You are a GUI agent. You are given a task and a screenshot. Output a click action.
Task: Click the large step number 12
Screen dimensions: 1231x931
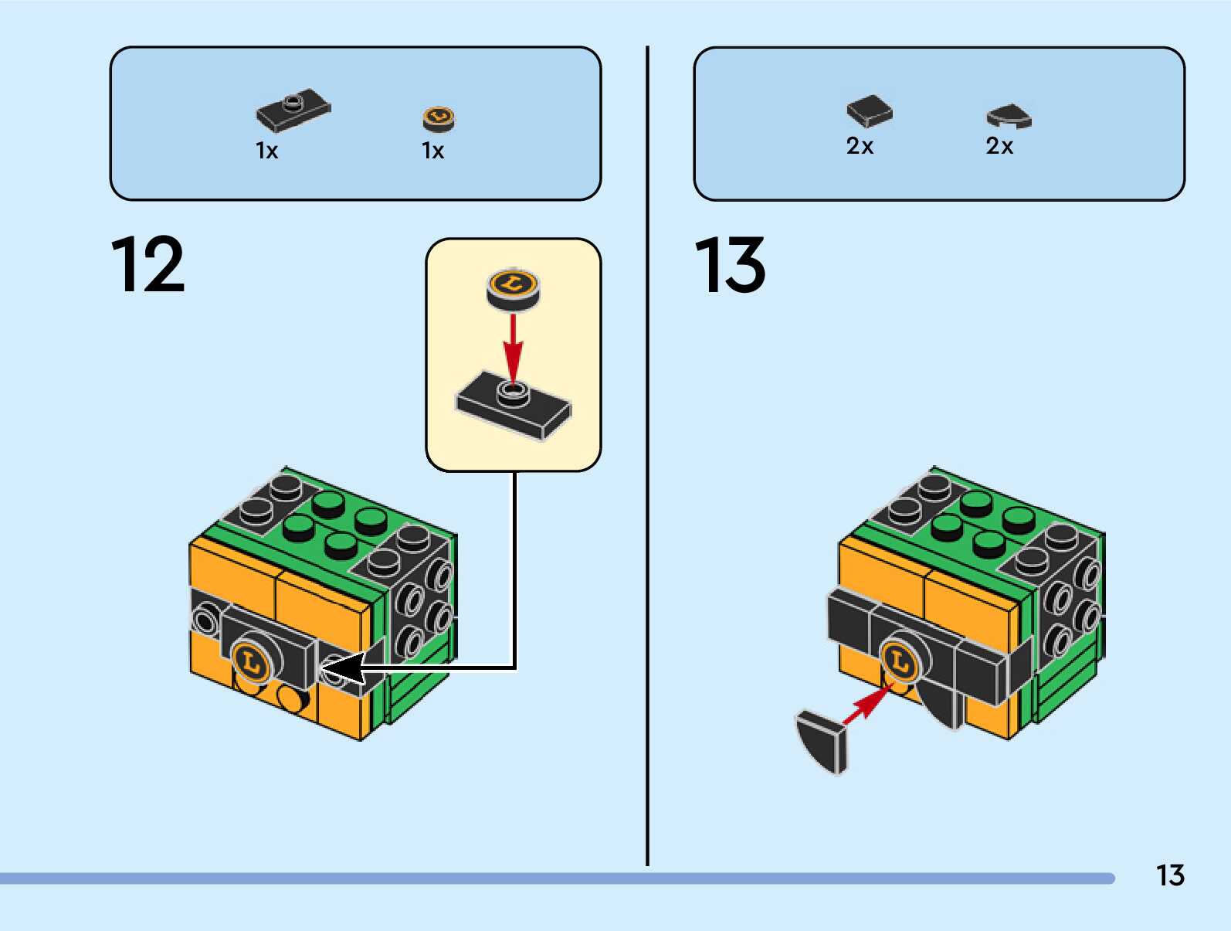tap(148, 265)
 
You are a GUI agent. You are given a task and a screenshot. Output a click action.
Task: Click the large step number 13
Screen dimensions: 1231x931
tap(730, 265)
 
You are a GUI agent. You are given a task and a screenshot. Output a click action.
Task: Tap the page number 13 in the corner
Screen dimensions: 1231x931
tap(1170, 875)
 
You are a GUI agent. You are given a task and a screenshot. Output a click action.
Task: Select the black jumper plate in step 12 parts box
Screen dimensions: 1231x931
tap(293, 110)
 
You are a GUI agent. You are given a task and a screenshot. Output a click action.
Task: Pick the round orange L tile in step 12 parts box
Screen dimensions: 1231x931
tap(439, 118)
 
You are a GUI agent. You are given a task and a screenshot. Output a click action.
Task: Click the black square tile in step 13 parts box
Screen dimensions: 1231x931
tap(869, 111)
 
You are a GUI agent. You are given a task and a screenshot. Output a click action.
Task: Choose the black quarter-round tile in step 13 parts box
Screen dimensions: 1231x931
tap(1009, 116)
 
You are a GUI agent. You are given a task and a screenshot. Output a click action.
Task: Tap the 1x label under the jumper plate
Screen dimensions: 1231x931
tap(266, 151)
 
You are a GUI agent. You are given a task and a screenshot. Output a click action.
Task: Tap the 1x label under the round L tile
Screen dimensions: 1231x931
tap(432, 151)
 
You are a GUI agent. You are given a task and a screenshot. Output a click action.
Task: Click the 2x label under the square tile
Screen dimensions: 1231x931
tap(860, 146)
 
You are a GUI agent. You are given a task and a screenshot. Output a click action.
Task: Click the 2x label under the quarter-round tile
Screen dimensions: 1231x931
tap(999, 146)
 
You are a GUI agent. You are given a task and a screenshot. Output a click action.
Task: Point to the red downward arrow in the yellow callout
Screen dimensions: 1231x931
tap(513, 346)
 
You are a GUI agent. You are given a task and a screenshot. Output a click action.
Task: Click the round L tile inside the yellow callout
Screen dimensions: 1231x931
tap(513, 287)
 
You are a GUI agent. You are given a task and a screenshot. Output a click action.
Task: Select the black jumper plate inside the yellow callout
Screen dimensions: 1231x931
tap(514, 406)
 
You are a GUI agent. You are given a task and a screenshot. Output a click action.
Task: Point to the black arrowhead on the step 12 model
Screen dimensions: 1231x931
tap(341, 668)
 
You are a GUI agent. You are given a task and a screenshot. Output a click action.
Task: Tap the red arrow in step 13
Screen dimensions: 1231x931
tap(866, 705)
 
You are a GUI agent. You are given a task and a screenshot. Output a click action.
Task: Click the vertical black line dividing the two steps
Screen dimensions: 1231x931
tap(647, 464)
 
